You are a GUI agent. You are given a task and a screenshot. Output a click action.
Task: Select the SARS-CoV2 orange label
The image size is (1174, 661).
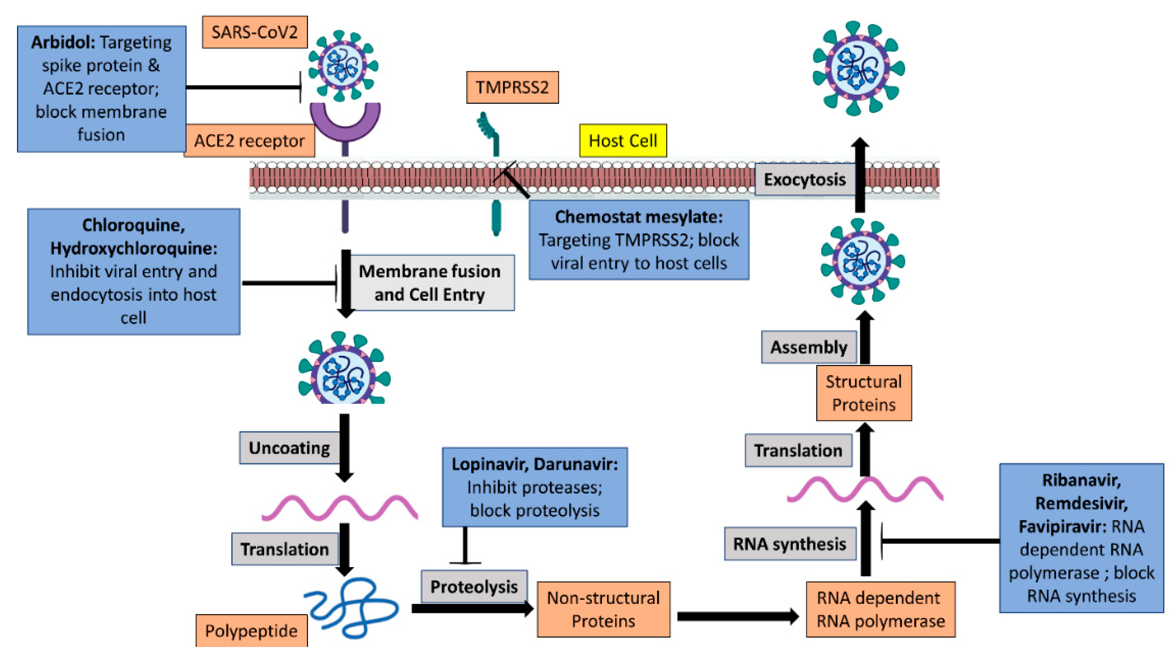coord(254,32)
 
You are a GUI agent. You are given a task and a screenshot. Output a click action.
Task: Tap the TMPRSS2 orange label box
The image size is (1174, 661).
coord(512,87)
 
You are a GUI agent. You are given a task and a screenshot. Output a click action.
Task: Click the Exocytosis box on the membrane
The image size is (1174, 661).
coord(804,180)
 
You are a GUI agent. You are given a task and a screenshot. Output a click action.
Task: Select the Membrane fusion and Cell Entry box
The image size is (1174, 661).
coord(429,283)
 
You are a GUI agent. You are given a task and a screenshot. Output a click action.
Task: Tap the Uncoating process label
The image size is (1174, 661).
coord(289,448)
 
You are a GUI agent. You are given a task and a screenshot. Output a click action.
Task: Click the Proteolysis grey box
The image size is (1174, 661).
coord(474,586)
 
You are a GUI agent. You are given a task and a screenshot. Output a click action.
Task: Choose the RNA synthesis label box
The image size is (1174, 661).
coord(789,544)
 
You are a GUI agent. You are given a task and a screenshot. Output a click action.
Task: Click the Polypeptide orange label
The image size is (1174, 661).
coord(251,631)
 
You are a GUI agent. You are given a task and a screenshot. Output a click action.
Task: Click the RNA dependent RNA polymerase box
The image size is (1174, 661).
coord(880,610)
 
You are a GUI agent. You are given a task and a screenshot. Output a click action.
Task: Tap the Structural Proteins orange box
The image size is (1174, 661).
coord(864,393)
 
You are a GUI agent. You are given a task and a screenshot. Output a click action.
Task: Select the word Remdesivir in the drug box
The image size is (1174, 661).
coord(1081,503)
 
